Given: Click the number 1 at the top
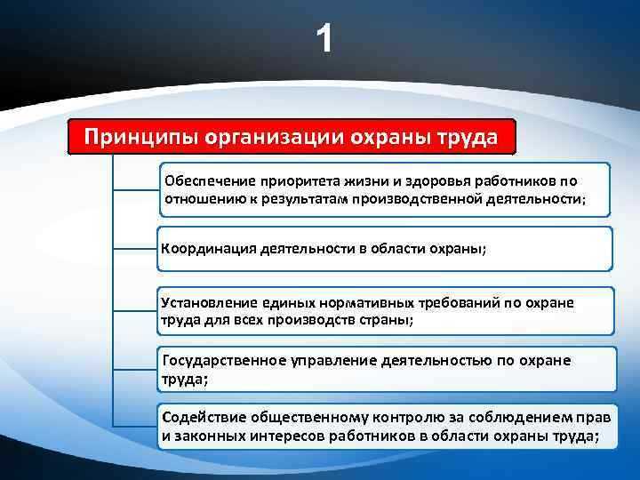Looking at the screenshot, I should click(326, 38).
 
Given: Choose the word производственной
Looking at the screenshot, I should click(425, 198).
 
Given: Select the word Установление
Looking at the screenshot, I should click(207, 303).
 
